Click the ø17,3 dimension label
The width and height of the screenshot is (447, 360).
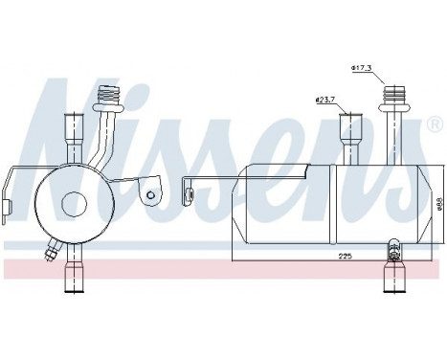362,67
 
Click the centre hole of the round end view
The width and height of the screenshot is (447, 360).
72,205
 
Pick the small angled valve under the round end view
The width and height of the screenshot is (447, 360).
50,254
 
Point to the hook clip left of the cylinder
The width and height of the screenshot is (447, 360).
190,197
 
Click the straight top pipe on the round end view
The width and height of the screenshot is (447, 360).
73,134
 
